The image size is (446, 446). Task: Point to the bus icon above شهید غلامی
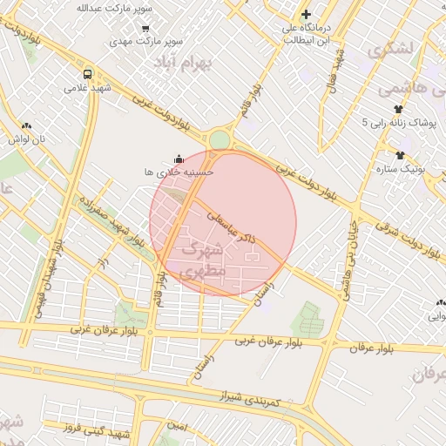pos(87,74)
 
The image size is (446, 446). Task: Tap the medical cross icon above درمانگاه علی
pos(306,14)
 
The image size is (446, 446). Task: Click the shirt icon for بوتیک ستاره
pos(399,155)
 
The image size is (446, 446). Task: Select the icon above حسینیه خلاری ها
pos(179,159)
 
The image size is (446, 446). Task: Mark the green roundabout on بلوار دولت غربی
pos(220,139)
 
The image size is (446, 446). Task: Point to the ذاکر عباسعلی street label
pos(233,221)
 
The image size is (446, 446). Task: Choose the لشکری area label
pos(392,49)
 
